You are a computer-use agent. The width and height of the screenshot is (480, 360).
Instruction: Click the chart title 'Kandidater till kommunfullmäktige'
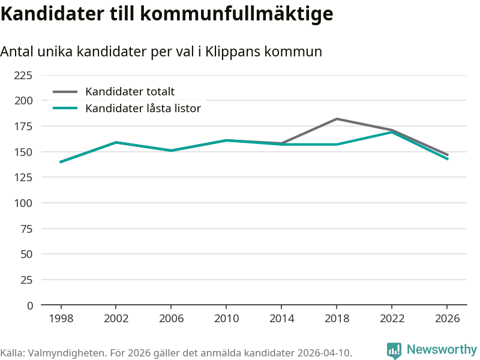coord(167,13)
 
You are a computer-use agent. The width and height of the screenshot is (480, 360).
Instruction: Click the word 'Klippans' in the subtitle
coord(231,52)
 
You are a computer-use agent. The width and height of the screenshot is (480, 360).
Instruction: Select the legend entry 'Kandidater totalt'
coord(130,92)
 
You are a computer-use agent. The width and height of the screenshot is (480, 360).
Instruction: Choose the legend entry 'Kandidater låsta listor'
coord(143,109)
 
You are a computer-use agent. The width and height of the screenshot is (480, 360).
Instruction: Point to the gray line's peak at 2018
coord(337,119)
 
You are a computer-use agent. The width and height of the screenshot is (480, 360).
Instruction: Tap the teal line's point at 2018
coord(337,145)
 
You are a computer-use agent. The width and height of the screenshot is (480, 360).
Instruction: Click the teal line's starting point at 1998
coord(61,162)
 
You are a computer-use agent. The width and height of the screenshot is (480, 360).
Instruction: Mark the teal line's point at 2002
coord(116,142)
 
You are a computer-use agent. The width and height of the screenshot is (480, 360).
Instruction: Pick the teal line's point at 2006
coord(171,151)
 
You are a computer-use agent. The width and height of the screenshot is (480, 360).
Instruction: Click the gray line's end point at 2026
coord(447,155)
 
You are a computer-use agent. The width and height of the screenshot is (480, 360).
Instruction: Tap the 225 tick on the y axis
coord(23,75)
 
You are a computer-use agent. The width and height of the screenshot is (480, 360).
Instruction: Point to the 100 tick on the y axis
coord(23,203)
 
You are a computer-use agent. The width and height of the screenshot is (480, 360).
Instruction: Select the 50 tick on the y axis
coord(26,254)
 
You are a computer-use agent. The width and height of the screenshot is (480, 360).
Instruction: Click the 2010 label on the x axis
coord(226,319)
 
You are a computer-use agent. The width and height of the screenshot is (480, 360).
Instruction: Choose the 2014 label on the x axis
coord(281,319)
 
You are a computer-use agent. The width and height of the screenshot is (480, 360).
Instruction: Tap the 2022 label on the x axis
coord(392,319)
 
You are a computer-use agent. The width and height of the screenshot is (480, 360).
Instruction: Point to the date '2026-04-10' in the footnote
coord(323,352)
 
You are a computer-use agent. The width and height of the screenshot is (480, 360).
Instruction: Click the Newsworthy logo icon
coord(394,350)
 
